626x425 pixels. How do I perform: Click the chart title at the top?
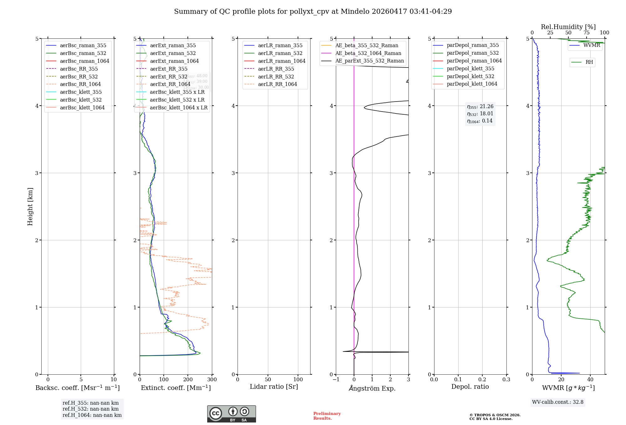point(313,12)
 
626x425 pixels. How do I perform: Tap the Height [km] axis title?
point(30,206)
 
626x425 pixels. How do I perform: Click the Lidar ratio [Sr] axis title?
point(274,387)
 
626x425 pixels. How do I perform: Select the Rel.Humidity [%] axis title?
point(568,27)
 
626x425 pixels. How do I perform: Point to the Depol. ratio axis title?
point(470,387)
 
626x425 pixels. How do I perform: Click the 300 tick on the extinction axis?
point(212,380)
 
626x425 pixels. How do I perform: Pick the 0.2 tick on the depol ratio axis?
point(482,380)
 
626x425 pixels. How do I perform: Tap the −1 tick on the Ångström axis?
point(336,380)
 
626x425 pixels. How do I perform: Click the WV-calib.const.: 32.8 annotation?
point(557,402)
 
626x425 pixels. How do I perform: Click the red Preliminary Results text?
point(327,416)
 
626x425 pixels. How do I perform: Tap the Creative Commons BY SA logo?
point(231,414)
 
